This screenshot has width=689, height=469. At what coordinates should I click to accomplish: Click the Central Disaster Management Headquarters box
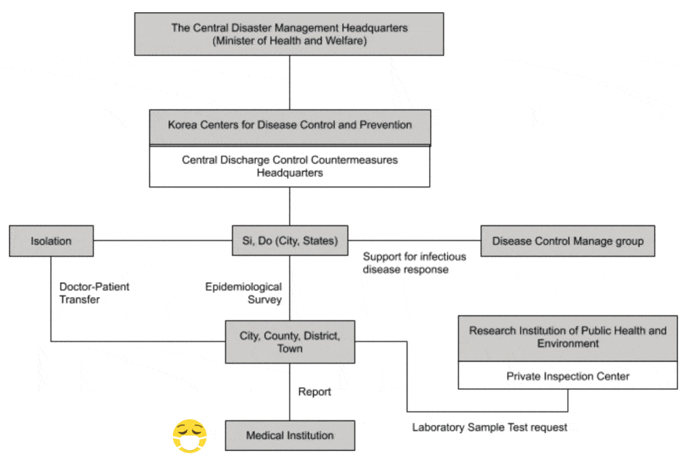coord(289,34)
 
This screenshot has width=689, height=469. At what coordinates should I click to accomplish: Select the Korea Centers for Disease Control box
coord(289,126)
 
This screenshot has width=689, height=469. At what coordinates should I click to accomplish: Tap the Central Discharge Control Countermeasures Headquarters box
coord(289,166)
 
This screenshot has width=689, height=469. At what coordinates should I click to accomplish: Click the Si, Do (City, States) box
coord(289,241)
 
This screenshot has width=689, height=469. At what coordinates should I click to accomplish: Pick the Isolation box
coord(51,241)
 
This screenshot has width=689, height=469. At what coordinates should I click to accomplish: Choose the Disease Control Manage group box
coord(567,241)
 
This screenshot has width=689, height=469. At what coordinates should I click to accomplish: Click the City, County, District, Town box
coord(289,342)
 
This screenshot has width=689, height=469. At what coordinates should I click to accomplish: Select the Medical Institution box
coord(289,435)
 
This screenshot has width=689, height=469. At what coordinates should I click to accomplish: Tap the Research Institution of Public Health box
coord(567,338)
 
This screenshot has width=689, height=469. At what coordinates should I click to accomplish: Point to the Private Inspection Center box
coord(567,377)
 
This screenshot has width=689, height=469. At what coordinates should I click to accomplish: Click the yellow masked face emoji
coord(189,436)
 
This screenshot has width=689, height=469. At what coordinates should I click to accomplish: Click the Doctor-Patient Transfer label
coord(94,293)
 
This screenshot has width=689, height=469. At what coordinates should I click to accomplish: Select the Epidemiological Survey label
coord(244,293)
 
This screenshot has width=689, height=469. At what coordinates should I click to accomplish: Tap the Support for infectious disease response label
coord(414,263)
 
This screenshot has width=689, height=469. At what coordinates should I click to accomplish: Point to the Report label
coord(315,392)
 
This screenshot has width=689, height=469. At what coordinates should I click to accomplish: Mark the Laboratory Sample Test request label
coord(489,427)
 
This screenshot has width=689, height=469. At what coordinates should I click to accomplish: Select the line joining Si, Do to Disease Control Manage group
coord(413,241)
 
